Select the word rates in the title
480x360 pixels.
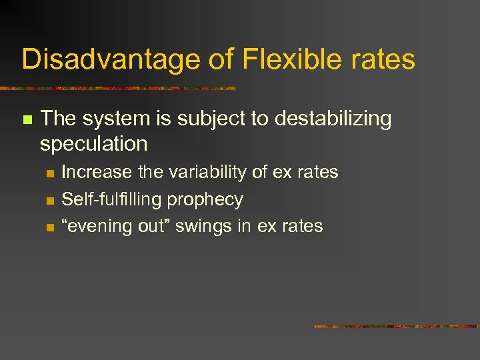379,59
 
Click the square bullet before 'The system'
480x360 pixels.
27,120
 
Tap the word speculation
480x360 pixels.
93,143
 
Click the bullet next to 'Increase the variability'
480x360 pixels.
49,173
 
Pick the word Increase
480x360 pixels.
97,172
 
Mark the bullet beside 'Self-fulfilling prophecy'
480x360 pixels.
49,201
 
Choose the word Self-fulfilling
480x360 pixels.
111,199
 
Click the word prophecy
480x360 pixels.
205,200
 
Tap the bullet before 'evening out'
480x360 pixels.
49,227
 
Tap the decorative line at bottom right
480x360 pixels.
396,327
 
